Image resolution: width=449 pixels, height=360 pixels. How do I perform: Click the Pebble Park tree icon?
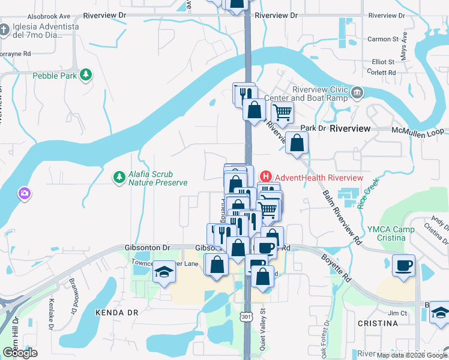pyautogui.click(x=87, y=74)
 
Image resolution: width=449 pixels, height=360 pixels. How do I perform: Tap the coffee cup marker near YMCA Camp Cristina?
pyautogui.click(x=403, y=265)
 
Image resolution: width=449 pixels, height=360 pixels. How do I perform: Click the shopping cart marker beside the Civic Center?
pyautogui.click(x=282, y=111)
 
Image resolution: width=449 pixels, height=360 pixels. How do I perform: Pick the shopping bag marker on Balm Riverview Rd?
pyautogui.click(x=297, y=143)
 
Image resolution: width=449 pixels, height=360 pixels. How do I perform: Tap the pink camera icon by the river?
pyautogui.click(x=25, y=193)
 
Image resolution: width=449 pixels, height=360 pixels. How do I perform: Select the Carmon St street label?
pyautogui.click(x=383, y=39)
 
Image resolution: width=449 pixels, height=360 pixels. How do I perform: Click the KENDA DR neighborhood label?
pyautogui.click(x=117, y=313)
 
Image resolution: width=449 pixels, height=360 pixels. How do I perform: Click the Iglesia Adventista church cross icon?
pyautogui.click(x=5, y=29)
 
